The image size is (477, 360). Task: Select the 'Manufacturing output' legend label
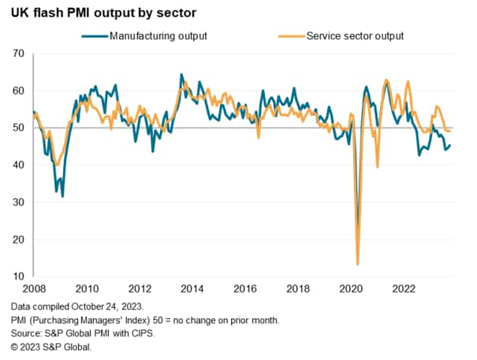[158, 35]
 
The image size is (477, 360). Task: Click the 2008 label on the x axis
[33, 288]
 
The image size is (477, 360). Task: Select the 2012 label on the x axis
[140, 288]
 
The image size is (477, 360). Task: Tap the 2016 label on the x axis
[247, 288]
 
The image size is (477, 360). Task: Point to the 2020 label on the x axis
[353, 288]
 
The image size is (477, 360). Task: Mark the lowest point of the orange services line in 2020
[358, 264]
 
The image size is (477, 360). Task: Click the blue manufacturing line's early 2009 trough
[62, 195]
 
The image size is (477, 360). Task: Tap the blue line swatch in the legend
[94, 35]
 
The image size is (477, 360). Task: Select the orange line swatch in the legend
[291, 35]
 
